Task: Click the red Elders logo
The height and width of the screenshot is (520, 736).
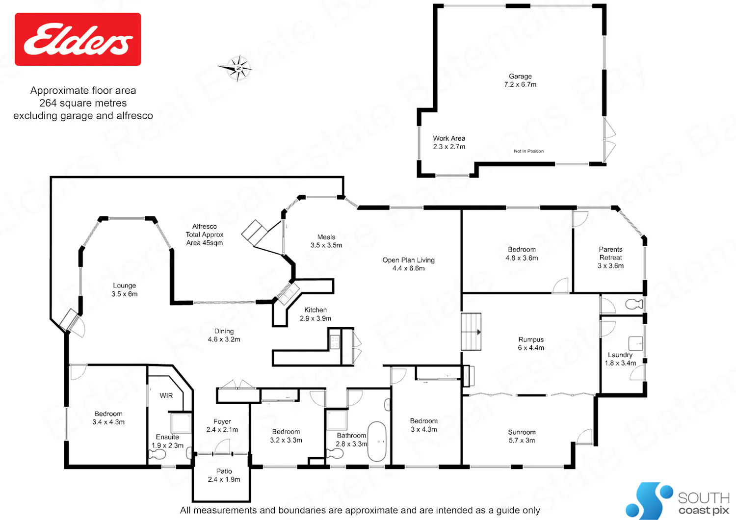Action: [x=78, y=39]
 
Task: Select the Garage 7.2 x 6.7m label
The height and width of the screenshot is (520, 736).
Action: [x=520, y=80]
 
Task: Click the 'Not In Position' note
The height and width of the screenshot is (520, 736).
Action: [x=528, y=151]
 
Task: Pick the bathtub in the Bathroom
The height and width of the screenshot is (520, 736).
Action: [x=376, y=442]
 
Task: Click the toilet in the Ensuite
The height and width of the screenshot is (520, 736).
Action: [x=158, y=454]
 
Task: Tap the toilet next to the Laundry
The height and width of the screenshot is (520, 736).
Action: [x=634, y=304]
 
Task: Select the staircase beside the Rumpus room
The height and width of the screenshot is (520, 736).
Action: [x=471, y=332]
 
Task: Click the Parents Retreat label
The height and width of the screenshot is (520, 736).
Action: [x=610, y=258]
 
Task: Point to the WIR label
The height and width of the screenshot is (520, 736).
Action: [x=166, y=395]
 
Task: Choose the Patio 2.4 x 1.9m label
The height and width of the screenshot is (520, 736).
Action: [x=224, y=475]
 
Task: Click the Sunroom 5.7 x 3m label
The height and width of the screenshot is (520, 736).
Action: [x=522, y=436]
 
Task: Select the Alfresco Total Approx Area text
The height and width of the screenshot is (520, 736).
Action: [x=205, y=234]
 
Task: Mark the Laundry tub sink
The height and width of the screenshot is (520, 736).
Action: [x=635, y=343]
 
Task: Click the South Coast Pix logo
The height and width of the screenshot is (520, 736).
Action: [x=678, y=500]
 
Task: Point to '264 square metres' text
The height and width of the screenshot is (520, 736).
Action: [x=83, y=103]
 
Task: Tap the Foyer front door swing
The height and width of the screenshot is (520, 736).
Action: [x=223, y=446]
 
